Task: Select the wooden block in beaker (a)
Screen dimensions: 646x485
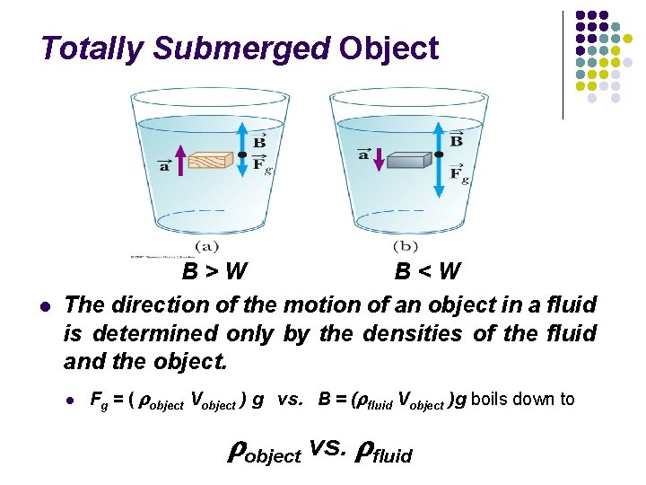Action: point(208,160)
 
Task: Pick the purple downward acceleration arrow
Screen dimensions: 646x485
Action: point(378,160)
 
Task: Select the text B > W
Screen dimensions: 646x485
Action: point(215,270)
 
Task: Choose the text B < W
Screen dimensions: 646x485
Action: point(428,270)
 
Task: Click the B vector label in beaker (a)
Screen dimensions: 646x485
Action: point(258,141)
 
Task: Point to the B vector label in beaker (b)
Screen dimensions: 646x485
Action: point(457,140)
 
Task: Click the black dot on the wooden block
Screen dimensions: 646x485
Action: point(242,154)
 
